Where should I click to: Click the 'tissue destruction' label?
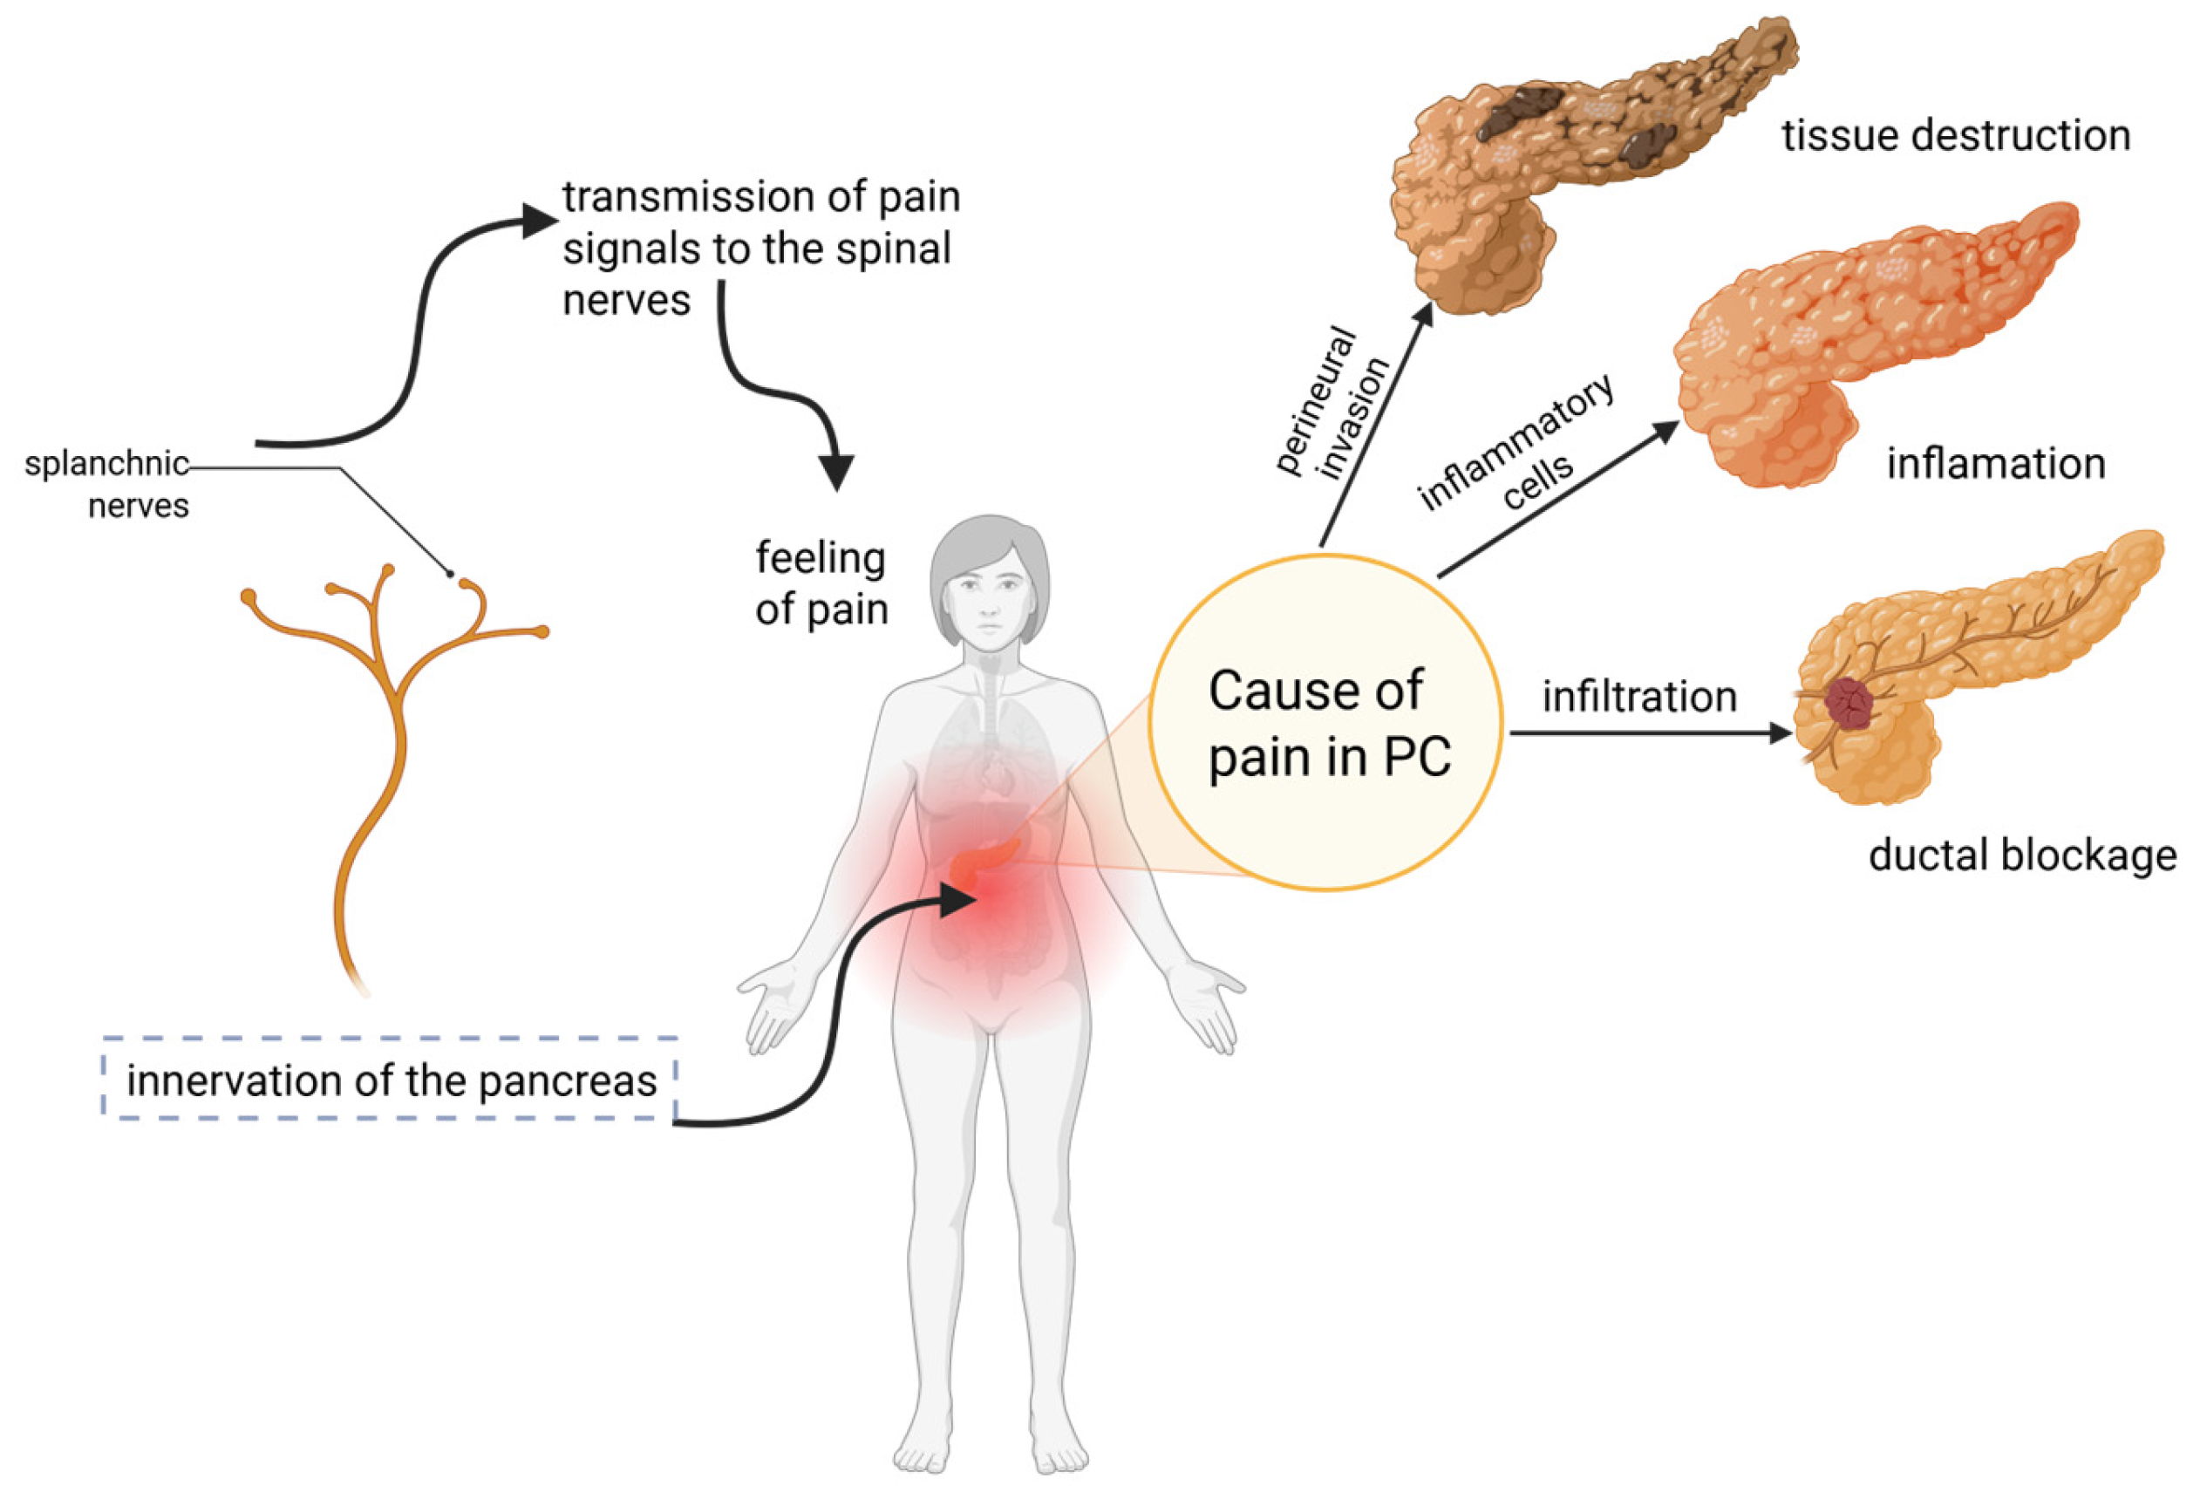(1956, 136)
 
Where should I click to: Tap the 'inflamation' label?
(1996, 465)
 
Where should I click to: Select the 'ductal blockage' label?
(2022, 855)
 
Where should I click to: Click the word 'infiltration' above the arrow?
(1639, 698)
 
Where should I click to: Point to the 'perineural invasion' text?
(1333, 402)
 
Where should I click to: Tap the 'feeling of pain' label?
(821, 584)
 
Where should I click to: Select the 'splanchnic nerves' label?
(107, 484)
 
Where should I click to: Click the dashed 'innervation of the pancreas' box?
(390, 1080)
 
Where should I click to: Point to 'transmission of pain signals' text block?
(760, 248)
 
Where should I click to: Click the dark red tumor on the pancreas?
(1849, 702)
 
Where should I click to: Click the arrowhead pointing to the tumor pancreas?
(1779, 733)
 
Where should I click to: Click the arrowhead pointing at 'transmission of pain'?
(540, 221)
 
